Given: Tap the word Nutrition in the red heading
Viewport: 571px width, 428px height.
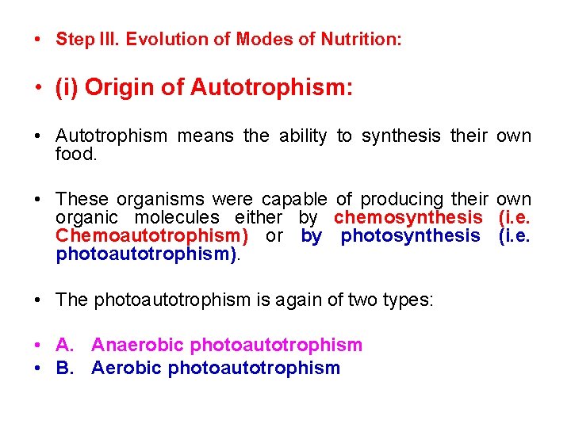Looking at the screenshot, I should coord(361,40).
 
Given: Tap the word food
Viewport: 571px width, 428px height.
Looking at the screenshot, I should coord(76,155).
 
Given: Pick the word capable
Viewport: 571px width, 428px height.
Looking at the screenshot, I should coord(293,199).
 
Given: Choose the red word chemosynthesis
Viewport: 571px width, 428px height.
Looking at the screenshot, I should coord(408,217).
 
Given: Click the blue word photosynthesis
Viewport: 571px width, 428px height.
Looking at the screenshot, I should coord(410,235).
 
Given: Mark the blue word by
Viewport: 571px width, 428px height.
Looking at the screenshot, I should coord(311,235).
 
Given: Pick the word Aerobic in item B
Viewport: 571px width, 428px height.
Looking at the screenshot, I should coord(127,368).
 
